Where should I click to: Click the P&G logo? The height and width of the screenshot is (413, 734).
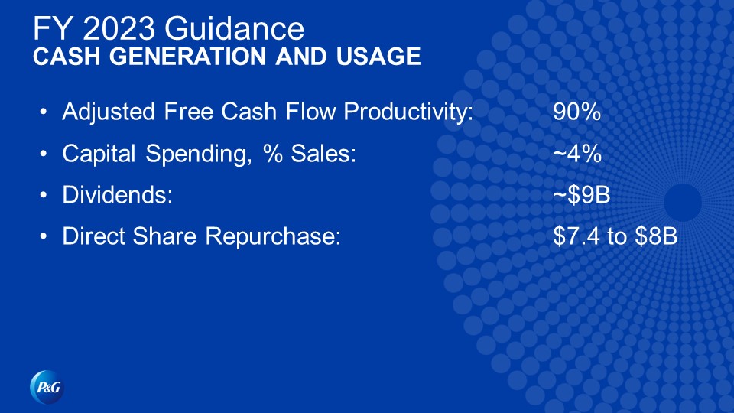[x=47, y=387]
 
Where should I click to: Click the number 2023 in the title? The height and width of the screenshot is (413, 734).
[x=119, y=28]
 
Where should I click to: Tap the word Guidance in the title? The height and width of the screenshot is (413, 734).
[x=234, y=28]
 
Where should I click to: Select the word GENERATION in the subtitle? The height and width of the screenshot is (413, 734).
[x=188, y=56]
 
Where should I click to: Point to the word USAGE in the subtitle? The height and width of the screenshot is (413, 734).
[x=378, y=56]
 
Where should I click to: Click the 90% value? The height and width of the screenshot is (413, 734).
[x=576, y=112]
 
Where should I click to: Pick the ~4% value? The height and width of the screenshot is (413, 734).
[x=576, y=153]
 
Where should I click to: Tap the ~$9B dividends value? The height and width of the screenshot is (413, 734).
[x=581, y=194]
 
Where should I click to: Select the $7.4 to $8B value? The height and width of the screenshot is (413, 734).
[x=615, y=236]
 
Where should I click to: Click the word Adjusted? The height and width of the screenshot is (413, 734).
[x=109, y=112]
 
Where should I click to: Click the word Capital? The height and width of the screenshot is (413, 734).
[x=99, y=154]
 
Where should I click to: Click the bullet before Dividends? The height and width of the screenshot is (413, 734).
[x=44, y=194]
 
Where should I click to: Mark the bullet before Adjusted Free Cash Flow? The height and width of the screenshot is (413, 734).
[x=44, y=112]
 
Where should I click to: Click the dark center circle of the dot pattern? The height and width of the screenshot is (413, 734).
[x=683, y=202]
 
